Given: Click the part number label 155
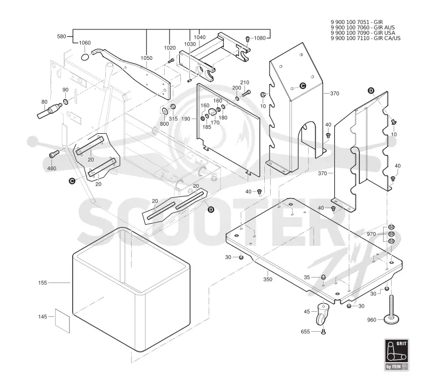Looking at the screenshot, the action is [x=43, y=283].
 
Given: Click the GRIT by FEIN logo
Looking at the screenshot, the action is [x=396, y=355].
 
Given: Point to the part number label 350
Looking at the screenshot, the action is [x=268, y=279].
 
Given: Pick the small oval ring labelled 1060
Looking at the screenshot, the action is [x=85, y=57].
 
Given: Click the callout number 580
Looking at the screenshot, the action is [x=62, y=36].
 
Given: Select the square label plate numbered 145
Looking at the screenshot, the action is [x=63, y=320].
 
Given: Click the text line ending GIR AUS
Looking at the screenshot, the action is [x=363, y=28].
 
